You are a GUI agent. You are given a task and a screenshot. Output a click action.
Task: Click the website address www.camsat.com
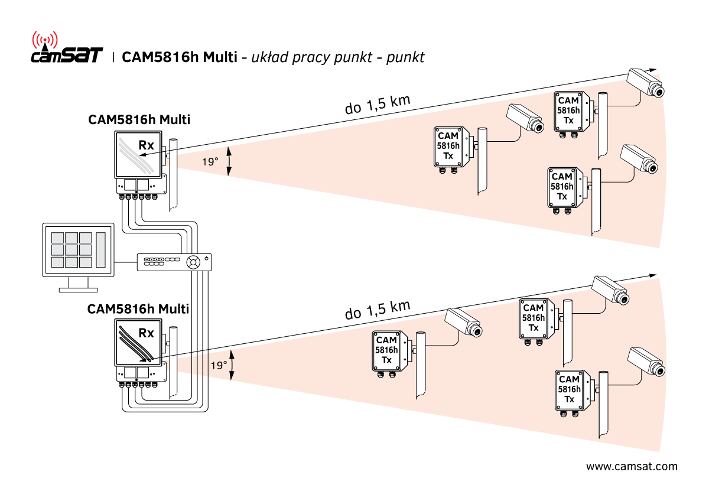[632, 467]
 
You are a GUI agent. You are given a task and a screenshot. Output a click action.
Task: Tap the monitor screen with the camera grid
[79, 249]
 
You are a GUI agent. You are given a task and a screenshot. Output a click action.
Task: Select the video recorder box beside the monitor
[174, 262]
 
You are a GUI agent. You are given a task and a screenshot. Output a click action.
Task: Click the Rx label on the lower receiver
[146, 333]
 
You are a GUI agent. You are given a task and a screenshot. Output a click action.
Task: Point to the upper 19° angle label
[210, 162]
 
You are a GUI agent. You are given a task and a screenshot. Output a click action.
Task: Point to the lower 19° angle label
[219, 366]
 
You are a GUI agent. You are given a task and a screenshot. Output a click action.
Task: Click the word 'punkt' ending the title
[405, 57]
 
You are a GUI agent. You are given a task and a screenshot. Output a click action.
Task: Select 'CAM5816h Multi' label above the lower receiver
[138, 308]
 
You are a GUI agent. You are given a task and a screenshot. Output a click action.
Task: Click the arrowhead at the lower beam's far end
[653, 275]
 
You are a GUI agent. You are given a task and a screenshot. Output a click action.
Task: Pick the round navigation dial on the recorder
[193, 262]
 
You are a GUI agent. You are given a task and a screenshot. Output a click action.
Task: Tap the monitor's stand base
[79, 289]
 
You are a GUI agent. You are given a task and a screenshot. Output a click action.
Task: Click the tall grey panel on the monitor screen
[101, 249]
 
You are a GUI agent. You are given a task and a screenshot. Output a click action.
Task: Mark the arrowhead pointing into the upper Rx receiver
[143, 155]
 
